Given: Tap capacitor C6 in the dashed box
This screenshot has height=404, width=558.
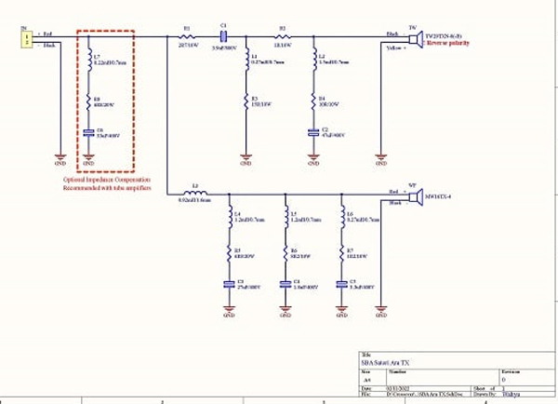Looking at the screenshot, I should point(89,133).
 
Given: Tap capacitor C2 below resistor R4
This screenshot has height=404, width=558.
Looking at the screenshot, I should point(313,133).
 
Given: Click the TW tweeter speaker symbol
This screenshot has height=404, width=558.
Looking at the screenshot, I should point(416,38).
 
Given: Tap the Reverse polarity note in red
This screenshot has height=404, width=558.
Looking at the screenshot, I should point(451,43).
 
